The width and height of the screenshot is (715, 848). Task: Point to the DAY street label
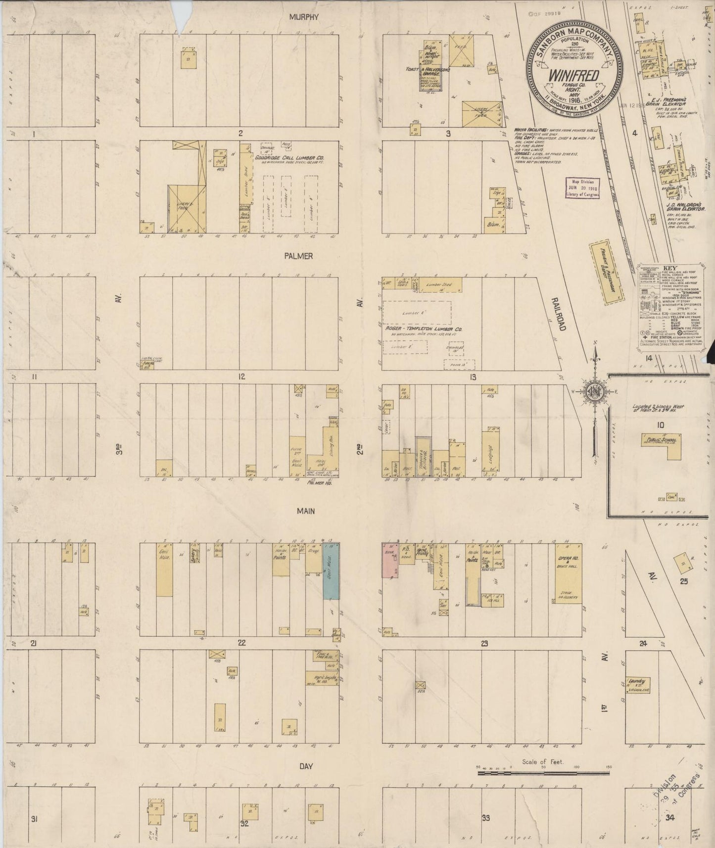pyautogui.click(x=305, y=766)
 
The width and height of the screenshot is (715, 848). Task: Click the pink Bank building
pyautogui.click(x=390, y=560)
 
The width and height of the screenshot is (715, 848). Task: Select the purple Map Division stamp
pyautogui.click(x=582, y=187)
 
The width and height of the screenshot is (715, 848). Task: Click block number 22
pyautogui.click(x=241, y=643)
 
